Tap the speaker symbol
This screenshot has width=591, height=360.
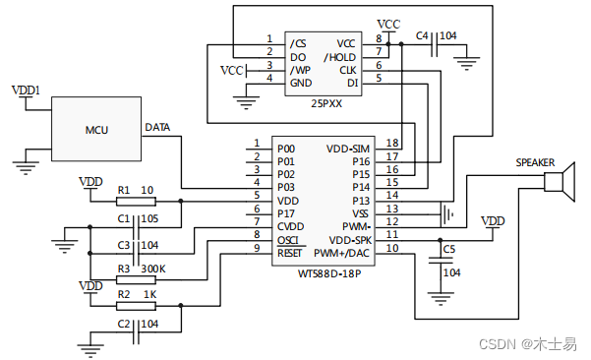[x=560, y=184]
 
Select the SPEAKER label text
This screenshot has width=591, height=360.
[x=535, y=162]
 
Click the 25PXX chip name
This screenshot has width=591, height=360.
[x=326, y=102]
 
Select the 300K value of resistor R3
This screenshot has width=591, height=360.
[x=153, y=268]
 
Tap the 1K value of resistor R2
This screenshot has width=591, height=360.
[x=149, y=294]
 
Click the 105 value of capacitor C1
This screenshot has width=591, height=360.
[x=149, y=217]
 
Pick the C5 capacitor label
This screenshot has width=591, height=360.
[x=449, y=249]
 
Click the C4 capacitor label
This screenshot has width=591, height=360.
[x=423, y=35]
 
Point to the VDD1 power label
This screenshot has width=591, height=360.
[x=26, y=90]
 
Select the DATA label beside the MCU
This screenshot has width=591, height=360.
[x=157, y=127]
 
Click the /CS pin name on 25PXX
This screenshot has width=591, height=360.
[x=298, y=43]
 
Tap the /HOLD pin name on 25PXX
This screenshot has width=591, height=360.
[x=340, y=57]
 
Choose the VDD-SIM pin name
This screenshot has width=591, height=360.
[x=348, y=149]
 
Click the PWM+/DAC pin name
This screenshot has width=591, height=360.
[x=342, y=254]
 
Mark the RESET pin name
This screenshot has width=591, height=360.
[x=289, y=254]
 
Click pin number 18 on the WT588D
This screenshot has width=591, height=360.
[x=392, y=144]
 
